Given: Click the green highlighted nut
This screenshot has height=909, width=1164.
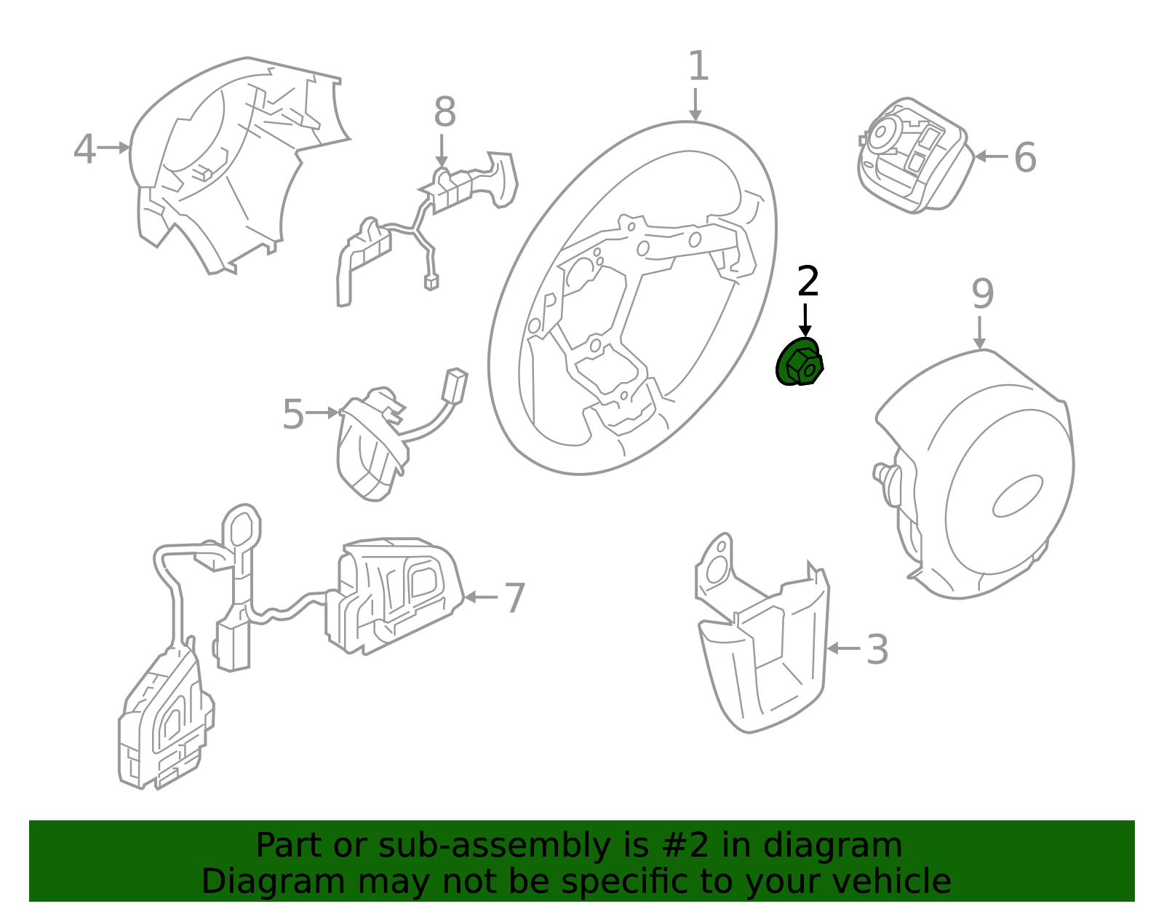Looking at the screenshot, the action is pyautogui.click(x=800, y=362).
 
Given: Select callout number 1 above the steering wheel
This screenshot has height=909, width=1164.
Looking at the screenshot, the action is pyautogui.click(x=698, y=66).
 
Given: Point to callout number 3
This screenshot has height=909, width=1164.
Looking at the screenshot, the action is pyautogui.click(x=877, y=650).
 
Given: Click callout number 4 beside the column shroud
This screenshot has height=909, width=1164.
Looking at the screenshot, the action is pyautogui.click(x=84, y=148).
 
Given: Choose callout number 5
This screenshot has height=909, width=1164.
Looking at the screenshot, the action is pyautogui.click(x=293, y=414).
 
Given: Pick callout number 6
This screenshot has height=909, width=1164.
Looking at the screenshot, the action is pyautogui.click(x=1025, y=157).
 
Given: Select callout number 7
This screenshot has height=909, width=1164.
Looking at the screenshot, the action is pyautogui.click(x=515, y=598).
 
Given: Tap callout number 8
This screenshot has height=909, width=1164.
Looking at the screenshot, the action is pyautogui.click(x=445, y=112).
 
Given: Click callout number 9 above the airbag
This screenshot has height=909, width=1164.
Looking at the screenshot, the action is pyautogui.click(x=982, y=293).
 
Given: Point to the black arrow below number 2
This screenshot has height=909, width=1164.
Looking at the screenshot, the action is pyautogui.click(x=805, y=320).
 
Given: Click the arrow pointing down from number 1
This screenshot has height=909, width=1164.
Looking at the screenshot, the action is pyautogui.click(x=695, y=105).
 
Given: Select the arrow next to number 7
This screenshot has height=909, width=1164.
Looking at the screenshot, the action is pyautogui.click(x=480, y=597).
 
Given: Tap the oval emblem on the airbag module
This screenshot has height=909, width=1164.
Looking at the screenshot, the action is pyautogui.click(x=1018, y=496).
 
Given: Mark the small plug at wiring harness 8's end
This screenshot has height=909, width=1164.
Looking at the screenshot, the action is pyautogui.click(x=431, y=282).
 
